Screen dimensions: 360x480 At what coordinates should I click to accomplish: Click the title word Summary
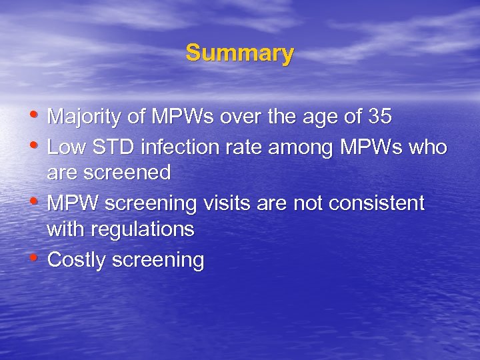[239, 53]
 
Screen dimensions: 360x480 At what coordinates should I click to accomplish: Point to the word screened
[127, 174]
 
